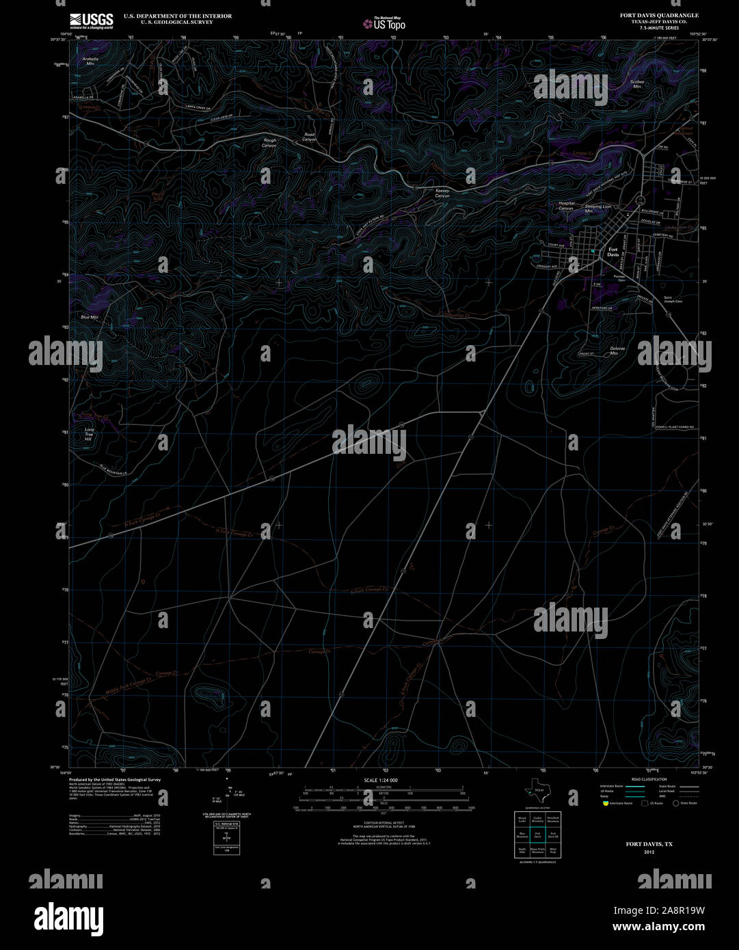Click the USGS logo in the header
coord(91,21)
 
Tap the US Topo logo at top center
coord(384,23)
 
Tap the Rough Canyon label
coord(270,143)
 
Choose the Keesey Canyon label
coord(442,194)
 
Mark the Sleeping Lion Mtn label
coord(597,208)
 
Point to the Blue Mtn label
coord(90,317)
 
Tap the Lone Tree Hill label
coord(88,434)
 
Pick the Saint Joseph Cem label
coord(673,299)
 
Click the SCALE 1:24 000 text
coord(381,780)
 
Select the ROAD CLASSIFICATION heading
coord(648,779)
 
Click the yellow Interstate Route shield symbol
coord(604,803)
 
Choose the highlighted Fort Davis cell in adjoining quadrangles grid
coord(537,836)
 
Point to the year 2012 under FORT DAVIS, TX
coord(649,852)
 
